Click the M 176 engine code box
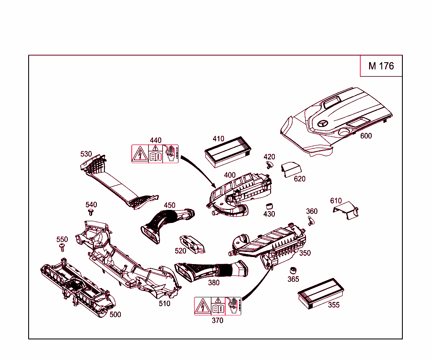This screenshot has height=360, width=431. pyautogui.click(x=381, y=66)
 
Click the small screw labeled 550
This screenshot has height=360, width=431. pyautogui.click(x=62, y=247)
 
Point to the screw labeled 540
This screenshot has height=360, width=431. pyautogui.click(x=90, y=212)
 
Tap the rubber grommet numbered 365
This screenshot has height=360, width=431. pyautogui.click(x=293, y=270)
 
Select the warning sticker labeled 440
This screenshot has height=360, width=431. pyautogui.click(x=155, y=154)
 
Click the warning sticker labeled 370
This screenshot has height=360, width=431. pyautogui.click(x=217, y=306)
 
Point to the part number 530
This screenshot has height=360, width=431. pyautogui.click(x=86, y=154)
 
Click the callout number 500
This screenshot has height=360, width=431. pyautogui.click(x=115, y=314)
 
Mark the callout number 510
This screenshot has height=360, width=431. pyautogui.click(x=165, y=303)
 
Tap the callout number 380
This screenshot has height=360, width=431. pyautogui.click(x=214, y=283)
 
